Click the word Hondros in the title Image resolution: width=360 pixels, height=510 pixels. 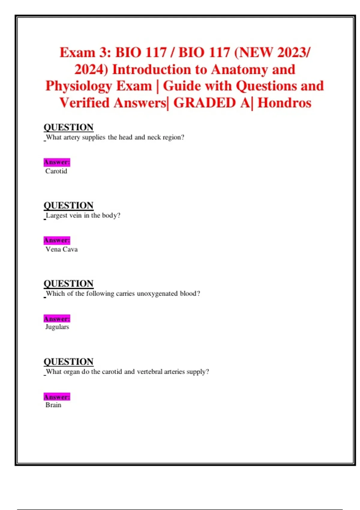pyautogui.click(x=284, y=103)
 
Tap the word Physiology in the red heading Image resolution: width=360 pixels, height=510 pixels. pyautogui.click(x=78, y=86)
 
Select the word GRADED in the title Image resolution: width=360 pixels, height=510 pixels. pyautogui.click(x=205, y=103)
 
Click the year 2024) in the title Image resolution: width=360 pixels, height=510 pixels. pyautogui.click(x=91, y=70)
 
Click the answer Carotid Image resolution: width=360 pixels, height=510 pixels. pyautogui.click(x=56, y=171)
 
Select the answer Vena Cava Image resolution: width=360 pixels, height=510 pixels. pyautogui.click(x=61, y=249)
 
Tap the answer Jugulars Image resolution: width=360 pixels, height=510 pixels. pyautogui.click(x=57, y=327)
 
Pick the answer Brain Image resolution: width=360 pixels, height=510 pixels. pyautogui.click(x=53, y=405)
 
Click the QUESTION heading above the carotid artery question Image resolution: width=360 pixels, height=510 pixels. pyautogui.click(x=68, y=127)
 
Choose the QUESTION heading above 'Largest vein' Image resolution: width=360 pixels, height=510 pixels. pyautogui.click(x=68, y=205)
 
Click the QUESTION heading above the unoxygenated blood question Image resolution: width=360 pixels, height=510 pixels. pyautogui.click(x=68, y=283)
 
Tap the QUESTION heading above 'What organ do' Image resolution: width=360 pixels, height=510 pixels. pyautogui.click(x=68, y=362)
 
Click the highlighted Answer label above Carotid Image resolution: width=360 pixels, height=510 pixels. pyautogui.click(x=57, y=162)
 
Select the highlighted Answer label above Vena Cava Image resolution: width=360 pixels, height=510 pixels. pyautogui.click(x=57, y=240)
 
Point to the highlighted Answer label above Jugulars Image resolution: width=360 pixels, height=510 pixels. pyautogui.click(x=57, y=319)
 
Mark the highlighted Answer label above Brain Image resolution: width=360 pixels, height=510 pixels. pyautogui.click(x=57, y=397)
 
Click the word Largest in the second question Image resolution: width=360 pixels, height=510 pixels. pyautogui.click(x=57, y=215)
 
